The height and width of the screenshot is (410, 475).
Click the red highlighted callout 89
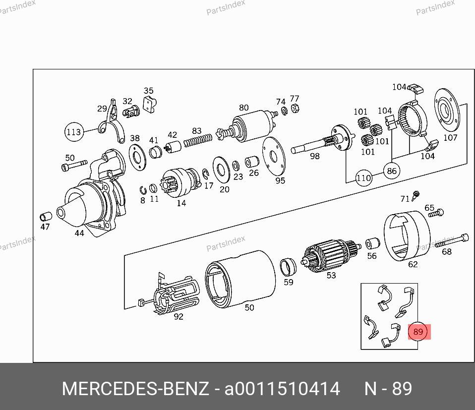click(418, 332)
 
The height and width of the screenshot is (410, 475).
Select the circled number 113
click(74, 132)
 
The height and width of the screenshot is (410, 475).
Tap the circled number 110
click(363, 178)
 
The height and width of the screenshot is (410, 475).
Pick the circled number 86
click(392, 171)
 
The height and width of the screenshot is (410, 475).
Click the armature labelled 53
click(331, 255)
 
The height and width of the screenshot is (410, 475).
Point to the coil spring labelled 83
click(198, 140)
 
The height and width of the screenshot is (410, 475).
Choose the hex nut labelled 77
click(295, 109)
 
